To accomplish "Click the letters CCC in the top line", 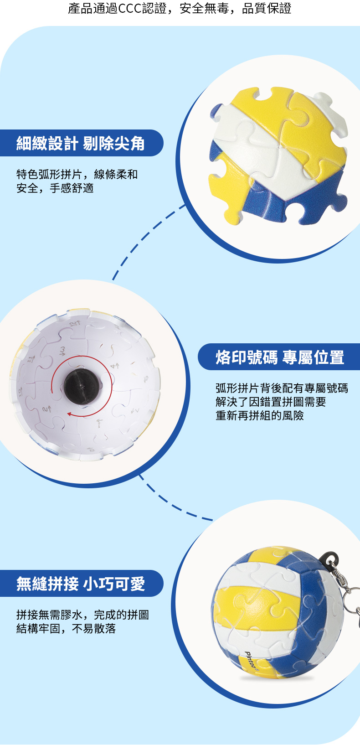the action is tap(130, 8).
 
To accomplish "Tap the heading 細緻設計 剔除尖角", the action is tap(81, 143).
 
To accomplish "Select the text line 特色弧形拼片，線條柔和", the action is tap(77, 174).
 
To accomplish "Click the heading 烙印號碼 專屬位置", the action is tap(280, 357).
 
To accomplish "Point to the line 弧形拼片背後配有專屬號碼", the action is tap(282, 388).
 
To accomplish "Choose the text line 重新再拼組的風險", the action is tap(260, 415).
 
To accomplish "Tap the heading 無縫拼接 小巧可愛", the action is tap(81, 584).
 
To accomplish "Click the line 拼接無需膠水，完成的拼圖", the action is tap(82, 615).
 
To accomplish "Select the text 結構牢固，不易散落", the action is tap(66, 628).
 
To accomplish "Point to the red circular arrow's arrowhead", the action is tap(69, 414).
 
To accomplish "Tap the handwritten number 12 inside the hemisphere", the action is tap(74, 323).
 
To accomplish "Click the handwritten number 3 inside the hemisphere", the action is tap(62, 351).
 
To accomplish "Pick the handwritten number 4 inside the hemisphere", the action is tap(114, 366).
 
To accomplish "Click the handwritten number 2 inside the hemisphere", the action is tap(46, 409).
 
